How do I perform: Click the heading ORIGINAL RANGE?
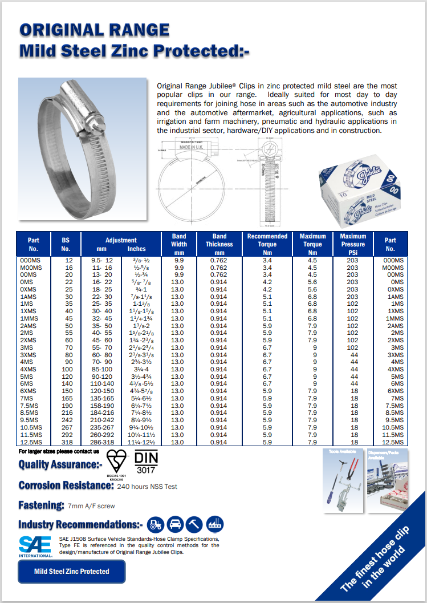[x=94, y=30]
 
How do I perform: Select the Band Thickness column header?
[x=219, y=244]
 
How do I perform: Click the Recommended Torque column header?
[x=267, y=244]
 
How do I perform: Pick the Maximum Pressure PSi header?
[x=353, y=244]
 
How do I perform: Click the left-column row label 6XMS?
[x=29, y=391]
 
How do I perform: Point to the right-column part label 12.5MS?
[x=393, y=442]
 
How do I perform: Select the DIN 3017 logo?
[x=147, y=463]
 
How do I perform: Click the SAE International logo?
[x=35, y=546]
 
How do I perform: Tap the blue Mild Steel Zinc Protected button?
[x=71, y=571]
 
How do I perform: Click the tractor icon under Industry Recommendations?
[x=154, y=524]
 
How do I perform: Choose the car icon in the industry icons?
[x=175, y=524]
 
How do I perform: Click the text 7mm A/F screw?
[x=91, y=505]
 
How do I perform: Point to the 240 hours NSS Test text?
[x=147, y=487]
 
